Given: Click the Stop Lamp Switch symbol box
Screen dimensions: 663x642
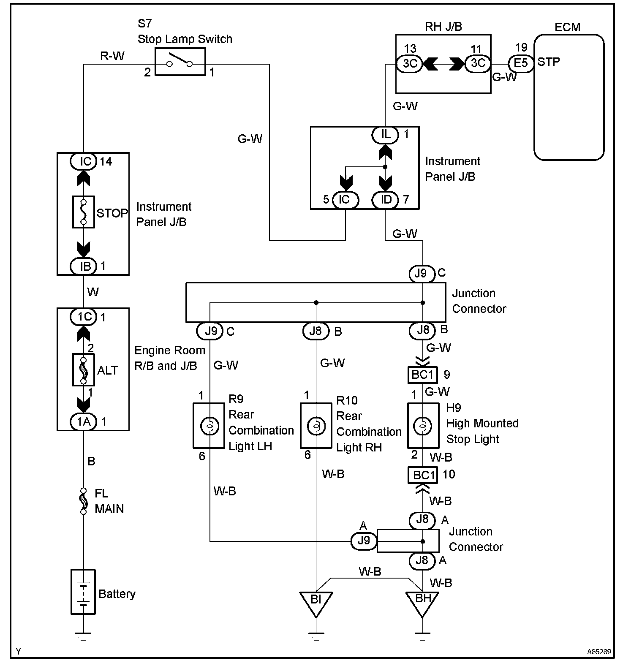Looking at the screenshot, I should (180, 62).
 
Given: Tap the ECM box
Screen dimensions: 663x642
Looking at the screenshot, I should (569, 97).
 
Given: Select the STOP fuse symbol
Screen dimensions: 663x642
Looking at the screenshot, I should (84, 212).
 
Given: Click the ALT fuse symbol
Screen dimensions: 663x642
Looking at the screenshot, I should (84, 370).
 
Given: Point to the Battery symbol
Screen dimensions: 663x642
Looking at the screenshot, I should (83, 592).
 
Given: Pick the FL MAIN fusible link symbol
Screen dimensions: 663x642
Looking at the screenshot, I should (84, 501).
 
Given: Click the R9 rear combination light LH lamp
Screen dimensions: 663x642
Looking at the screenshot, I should (209, 426).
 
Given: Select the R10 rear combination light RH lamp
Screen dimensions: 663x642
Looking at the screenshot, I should (316, 426).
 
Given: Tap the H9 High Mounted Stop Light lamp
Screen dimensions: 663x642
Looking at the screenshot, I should (422, 426).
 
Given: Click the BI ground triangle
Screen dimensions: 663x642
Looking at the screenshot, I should (316, 601).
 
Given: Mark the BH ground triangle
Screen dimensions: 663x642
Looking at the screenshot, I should (422, 601).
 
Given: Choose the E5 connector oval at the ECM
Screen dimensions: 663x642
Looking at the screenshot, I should (520, 63).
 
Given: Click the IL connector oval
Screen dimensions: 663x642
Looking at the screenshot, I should (385, 135).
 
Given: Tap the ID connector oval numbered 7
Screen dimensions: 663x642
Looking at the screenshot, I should (385, 200).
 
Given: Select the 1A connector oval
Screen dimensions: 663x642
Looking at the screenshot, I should (84, 421).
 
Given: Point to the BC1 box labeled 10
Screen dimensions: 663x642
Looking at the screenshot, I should (423, 475).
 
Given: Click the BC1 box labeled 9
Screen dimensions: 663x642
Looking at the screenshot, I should (423, 375).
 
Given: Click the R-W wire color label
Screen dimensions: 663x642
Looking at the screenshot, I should (112, 56).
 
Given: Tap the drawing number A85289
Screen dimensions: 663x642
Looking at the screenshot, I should (598, 652).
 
